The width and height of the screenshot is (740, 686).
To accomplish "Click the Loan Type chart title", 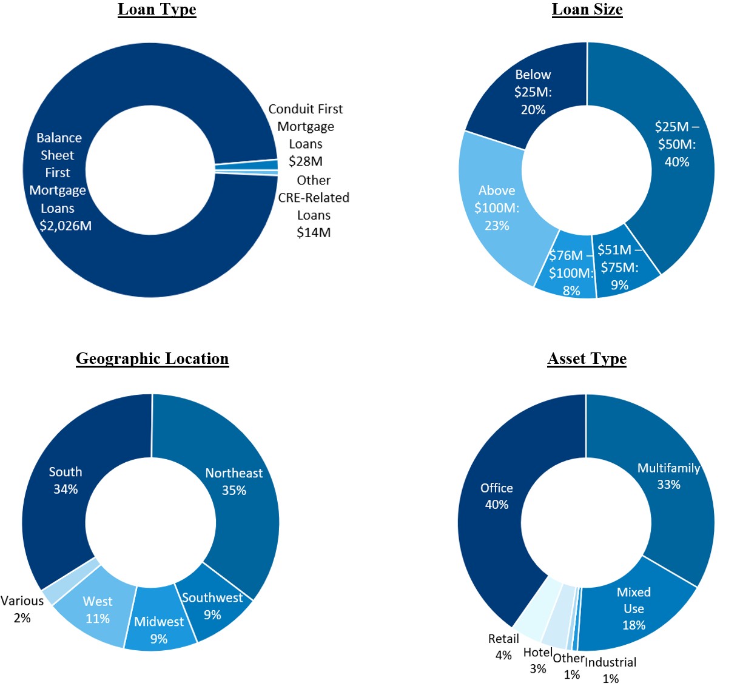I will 156,10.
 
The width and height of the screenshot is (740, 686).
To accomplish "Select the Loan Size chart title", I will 587,10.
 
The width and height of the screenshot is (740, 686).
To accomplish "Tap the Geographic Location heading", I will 152,358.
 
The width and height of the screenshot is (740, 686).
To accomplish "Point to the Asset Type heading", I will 587,358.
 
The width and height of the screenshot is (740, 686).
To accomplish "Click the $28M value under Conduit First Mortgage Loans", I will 305,161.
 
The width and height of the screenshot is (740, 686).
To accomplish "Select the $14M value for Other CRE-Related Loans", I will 313,232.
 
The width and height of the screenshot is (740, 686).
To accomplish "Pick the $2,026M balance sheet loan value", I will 66,226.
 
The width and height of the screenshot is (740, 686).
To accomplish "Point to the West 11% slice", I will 98,610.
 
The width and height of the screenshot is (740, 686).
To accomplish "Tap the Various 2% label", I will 22,609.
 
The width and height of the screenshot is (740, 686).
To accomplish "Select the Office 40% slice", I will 497,496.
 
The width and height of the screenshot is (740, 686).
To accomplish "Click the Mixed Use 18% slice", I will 634,608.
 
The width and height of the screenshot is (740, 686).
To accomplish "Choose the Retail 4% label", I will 503,647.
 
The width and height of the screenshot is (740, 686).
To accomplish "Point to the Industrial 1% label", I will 610,670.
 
